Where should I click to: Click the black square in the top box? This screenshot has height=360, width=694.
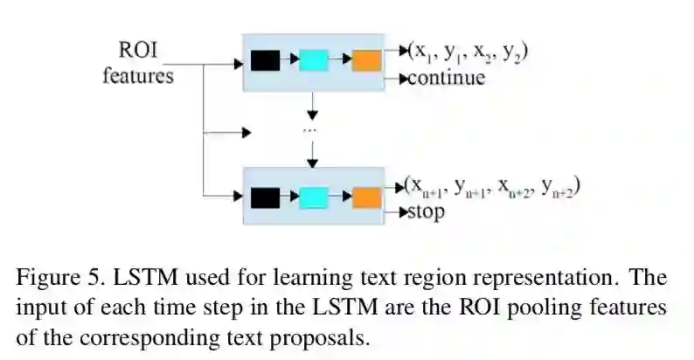[x=265, y=60]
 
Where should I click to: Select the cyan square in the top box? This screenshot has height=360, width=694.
[x=313, y=60]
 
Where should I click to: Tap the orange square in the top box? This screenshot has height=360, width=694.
[x=366, y=60]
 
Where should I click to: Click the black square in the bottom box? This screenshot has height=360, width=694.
[x=265, y=197]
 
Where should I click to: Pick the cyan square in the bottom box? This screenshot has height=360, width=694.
[x=313, y=197]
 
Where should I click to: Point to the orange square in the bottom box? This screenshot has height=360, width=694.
[x=366, y=197]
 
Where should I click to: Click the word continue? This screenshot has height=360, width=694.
[x=447, y=79]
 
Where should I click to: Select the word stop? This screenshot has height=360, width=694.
[x=427, y=211]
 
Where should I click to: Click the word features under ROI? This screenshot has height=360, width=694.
[x=137, y=75]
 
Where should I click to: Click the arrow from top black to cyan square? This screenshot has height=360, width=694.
[x=289, y=60]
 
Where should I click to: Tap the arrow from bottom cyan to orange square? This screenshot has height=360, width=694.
[x=340, y=197]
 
